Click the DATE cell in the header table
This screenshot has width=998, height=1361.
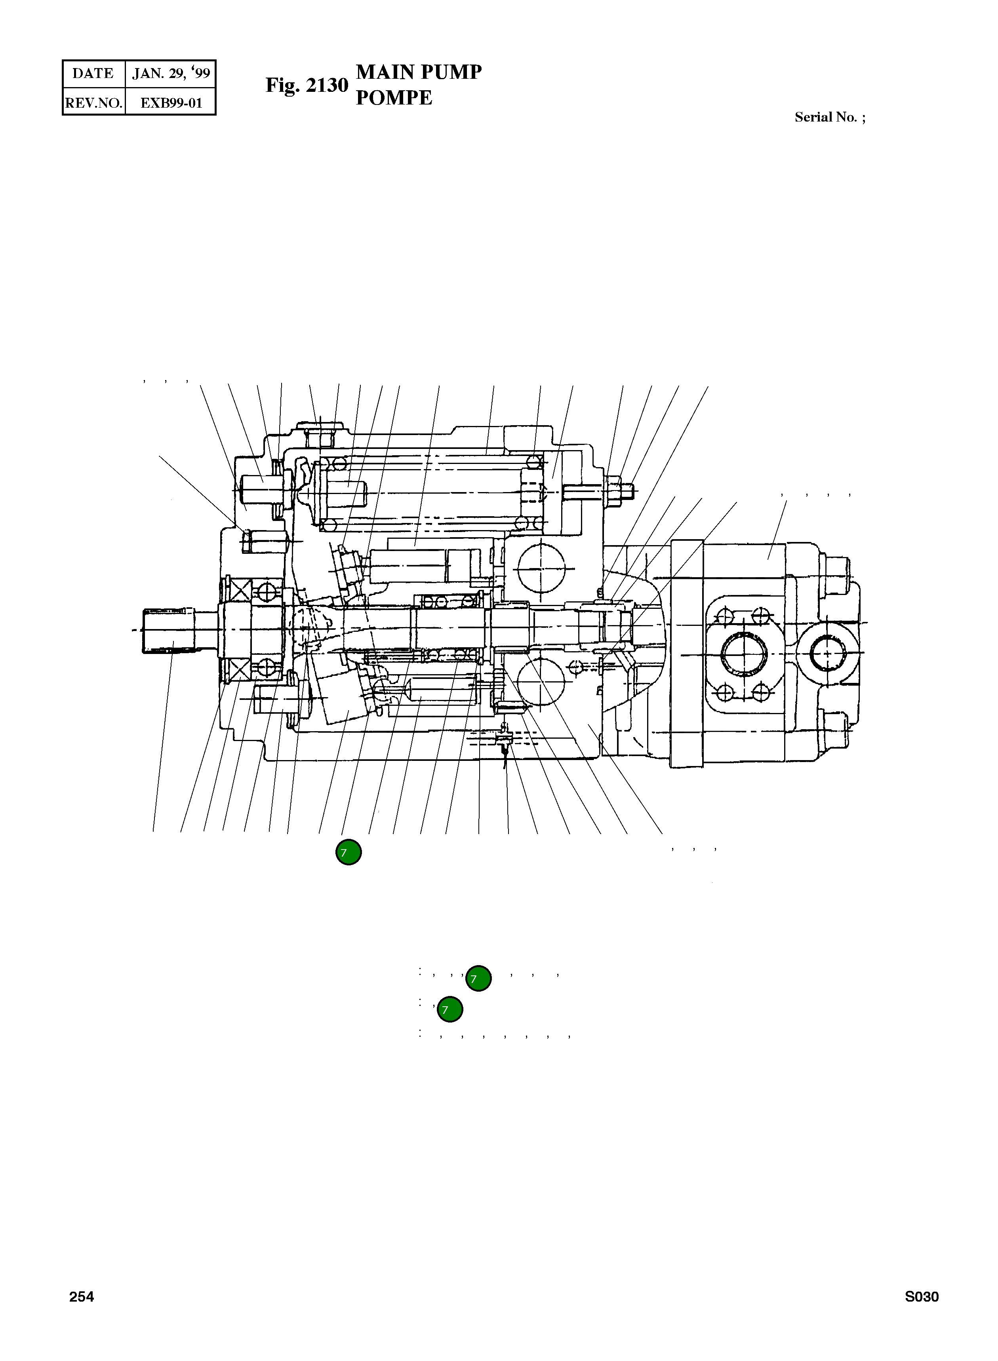click(93, 74)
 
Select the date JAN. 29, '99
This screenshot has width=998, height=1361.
click(171, 74)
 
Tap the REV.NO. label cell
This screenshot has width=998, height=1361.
click(93, 103)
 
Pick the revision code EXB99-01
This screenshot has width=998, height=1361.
click(171, 103)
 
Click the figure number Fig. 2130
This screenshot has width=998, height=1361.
click(307, 85)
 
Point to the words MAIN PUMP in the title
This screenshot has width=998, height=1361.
click(419, 72)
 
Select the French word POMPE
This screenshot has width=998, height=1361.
click(394, 98)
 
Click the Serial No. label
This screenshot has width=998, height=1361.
click(829, 117)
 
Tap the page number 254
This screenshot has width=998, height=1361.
click(82, 1296)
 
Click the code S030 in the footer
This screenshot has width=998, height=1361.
click(921, 1296)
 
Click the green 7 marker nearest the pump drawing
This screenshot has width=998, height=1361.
click(349, 852)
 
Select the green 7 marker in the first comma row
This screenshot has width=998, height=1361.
click(478, 977)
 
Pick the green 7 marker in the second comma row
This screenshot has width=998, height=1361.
click(450, 1009)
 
